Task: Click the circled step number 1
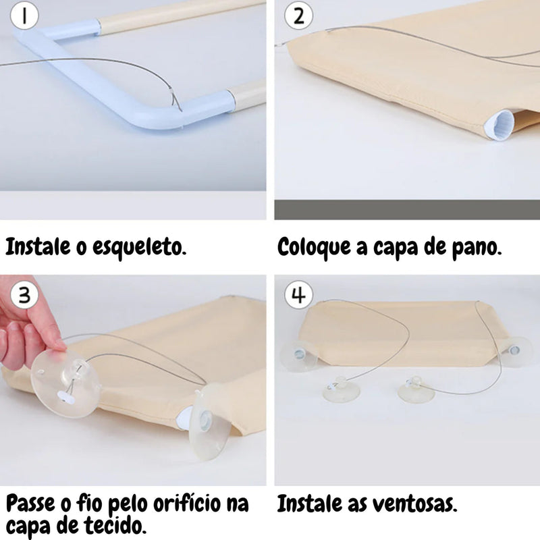pyautogui.click(x=24, y=16)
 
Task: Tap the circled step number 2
pyautogui.click(x=298, y=16)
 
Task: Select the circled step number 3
pyautogui.click(x=24, y=295)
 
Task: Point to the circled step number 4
pyautogui.click(x=298, y=295)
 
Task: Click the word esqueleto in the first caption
pyautogui.click(x=139, y=247)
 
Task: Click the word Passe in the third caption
pyautogui.click(x=30, y=504)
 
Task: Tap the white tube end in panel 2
pyautogui.click(x=500, y=125)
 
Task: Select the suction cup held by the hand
pyautogui.click(x=65, y=383)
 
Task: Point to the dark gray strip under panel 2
pyautogui.click(x=407, y=209)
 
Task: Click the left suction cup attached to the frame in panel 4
pyautogui.click(x=299, y=356)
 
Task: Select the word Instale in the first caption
pyautogui.click(x=38, y=246)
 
